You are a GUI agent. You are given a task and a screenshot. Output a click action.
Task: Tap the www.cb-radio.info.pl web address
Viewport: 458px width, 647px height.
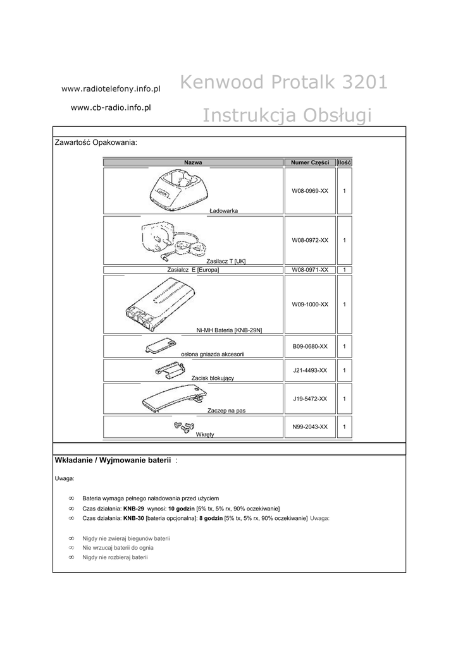[111, 108]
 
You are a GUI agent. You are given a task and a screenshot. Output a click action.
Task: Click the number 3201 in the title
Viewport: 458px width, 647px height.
[358, 82]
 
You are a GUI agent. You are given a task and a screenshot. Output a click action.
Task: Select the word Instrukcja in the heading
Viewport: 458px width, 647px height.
[245, 116]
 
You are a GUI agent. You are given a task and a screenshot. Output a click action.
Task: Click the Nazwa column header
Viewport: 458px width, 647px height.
[193, 163]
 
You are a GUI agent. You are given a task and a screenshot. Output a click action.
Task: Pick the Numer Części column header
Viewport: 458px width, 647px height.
[310, 163]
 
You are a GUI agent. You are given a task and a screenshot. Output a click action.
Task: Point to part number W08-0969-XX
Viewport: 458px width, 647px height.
[310, 190]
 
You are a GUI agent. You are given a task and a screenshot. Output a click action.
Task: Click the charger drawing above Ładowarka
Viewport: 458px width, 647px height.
[178, 190]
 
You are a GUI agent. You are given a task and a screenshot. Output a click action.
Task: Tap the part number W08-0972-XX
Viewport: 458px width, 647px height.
[310, 241]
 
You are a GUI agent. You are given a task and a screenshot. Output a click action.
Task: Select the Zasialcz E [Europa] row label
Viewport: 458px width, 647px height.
[193, 270]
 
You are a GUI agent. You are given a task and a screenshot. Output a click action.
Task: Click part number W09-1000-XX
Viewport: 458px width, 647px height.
[310, 305]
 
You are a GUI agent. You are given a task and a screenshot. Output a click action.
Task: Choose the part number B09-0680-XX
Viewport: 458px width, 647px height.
[310, 346]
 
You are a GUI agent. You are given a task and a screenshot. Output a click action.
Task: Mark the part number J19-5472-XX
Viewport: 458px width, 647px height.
[310, 399]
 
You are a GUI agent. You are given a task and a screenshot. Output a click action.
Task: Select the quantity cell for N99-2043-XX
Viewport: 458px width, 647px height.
[344, 427]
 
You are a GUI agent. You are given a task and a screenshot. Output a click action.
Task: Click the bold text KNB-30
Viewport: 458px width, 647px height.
[133, 518]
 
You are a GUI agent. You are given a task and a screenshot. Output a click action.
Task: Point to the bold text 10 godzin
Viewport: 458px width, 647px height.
[182, 509]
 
